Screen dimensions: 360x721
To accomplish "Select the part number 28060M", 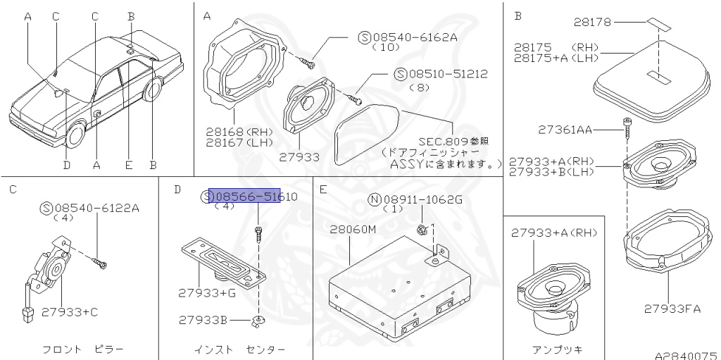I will click(354, 230).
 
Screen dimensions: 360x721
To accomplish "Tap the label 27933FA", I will click(672, 308).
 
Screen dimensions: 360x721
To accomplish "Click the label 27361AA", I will click(565, 129).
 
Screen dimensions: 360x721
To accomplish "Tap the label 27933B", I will click(203, 320).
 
